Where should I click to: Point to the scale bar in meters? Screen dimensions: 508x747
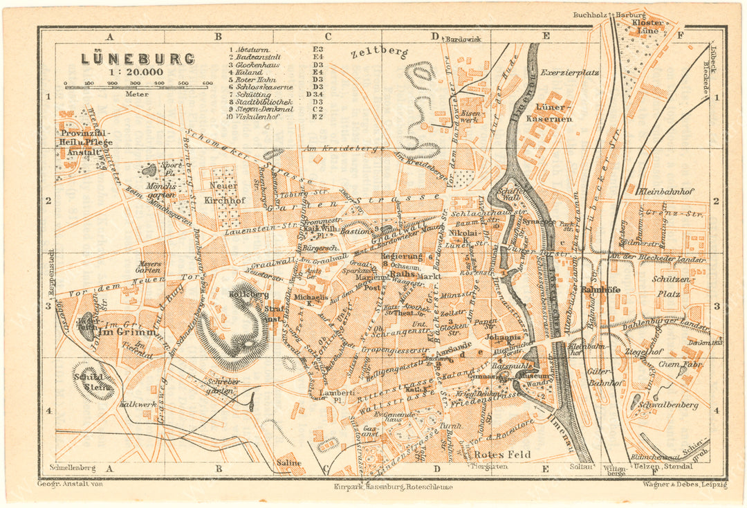(138, 86)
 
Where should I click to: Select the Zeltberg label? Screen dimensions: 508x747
(379, 52)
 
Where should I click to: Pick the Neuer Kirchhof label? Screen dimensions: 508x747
(223, 192)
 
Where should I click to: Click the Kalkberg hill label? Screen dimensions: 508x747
(238, 294)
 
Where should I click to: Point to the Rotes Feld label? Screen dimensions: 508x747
(503, 455)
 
